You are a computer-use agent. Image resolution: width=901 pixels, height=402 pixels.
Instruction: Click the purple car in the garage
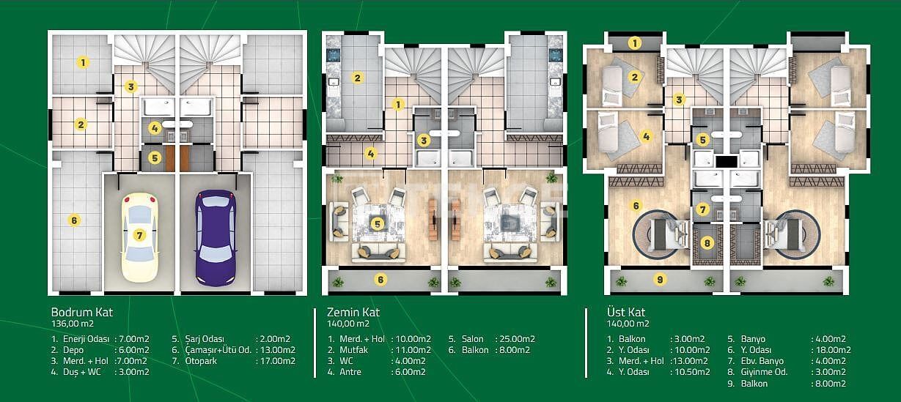pyautogui.click(x=216, y=236)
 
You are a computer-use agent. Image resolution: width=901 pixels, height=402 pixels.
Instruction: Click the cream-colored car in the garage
pyautogui.click(x=139, y=236)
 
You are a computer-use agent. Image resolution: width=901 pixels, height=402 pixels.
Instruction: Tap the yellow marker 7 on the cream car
pyautogui.click(x=139, y=235)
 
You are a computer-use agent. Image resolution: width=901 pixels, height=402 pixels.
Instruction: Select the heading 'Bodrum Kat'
pyautogui.click(x=81, y=311)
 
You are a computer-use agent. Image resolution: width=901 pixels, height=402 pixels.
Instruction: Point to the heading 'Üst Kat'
pyautogui.click(x=627, y=312)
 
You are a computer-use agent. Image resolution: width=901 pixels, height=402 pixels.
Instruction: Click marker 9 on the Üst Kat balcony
pyautogui.click(x=660, y=279)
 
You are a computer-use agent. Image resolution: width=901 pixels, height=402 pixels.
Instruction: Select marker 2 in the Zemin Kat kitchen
pyautogui.click(x=357, y=78)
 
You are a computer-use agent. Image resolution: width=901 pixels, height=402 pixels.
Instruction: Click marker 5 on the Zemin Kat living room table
pyautogui.click(x=377, y=224)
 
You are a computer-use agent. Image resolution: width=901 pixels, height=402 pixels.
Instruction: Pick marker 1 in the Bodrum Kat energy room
pyautogui.click(x=84, y=62)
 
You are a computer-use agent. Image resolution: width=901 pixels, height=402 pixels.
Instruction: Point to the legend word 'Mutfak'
pyautogui.click(x=353, y=350)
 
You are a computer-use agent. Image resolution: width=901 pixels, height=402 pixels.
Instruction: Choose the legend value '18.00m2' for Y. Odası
pyautogui.click(x=831, y=350)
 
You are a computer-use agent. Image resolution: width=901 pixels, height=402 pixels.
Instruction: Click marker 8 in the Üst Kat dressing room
pyautogui.click(x=707, y=243)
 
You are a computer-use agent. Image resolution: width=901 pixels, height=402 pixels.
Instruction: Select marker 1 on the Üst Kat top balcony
pyautogui.click(x=636, y=43)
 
